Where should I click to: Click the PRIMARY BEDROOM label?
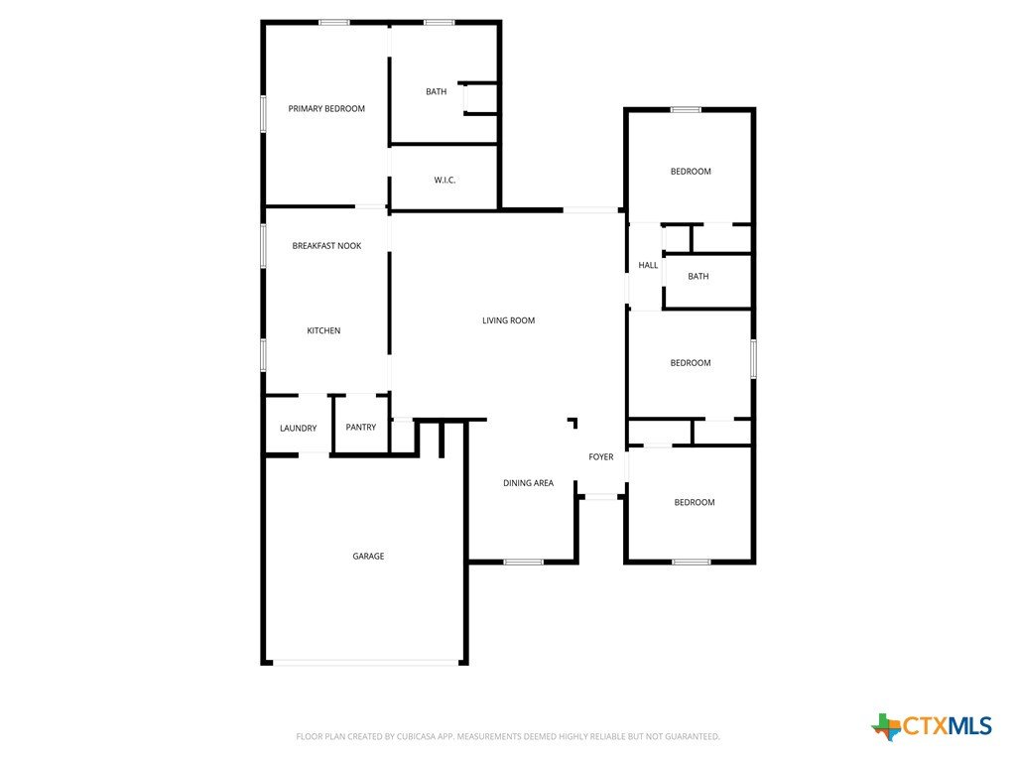326,109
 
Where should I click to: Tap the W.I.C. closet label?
444,181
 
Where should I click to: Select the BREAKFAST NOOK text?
326,246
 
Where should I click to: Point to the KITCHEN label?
323,330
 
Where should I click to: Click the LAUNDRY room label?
298,429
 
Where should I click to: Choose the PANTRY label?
361,427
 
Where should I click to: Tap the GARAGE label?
368,556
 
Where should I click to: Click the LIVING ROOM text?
509,320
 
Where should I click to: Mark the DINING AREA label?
528,483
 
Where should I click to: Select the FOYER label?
600,456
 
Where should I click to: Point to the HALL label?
648,265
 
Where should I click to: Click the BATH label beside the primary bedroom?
437,91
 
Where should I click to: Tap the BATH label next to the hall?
698,276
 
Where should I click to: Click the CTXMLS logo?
932,726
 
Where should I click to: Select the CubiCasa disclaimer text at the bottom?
508,736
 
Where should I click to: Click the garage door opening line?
365,663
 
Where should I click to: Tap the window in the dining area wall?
524,562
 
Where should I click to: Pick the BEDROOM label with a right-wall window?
691,363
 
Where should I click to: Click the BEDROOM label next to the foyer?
694,502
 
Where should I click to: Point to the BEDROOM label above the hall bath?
691,171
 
